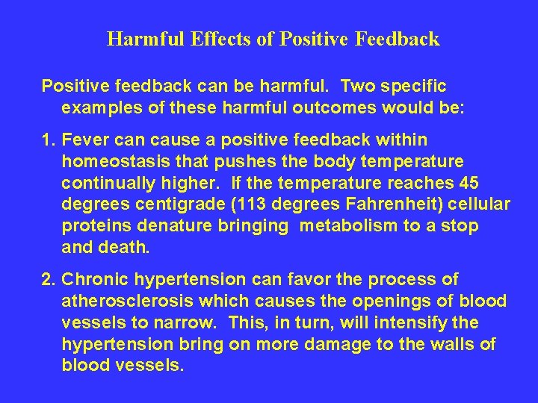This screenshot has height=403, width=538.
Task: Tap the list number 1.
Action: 47,140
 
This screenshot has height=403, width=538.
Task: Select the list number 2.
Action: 47,280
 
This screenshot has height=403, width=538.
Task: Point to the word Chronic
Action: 93,280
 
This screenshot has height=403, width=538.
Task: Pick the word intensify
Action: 412,323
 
